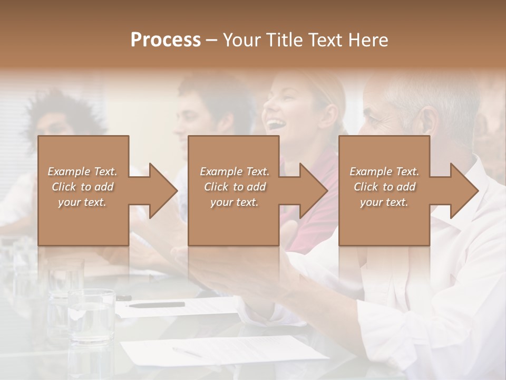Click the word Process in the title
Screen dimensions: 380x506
click(166, 40)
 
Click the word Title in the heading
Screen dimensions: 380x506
click(282, 40)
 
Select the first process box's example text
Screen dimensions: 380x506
click(82, 187)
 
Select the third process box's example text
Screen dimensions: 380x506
click(384, 187)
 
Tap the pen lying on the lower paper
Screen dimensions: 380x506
click(187, 351)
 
